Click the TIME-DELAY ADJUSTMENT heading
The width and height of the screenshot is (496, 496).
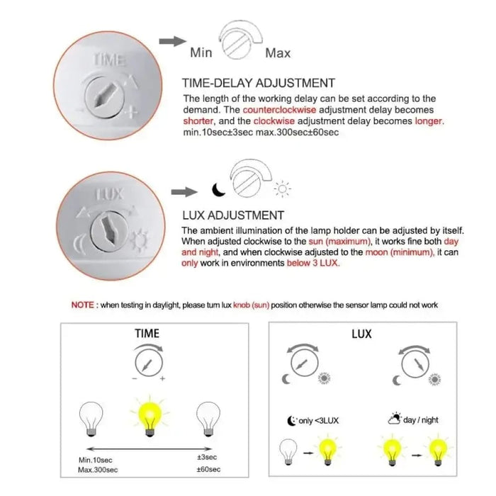(x=259, y=83)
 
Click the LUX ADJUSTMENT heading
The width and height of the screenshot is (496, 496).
(x=233, y=215)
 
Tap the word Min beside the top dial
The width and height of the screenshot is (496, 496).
(x=201, y=52)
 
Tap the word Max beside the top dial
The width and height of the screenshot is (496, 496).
(x=277, y=52)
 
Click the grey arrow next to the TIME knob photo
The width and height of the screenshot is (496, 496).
(x=167, y=41)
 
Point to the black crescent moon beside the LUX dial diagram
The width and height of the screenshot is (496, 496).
(x=218, y=188)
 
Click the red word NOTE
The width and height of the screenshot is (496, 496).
(x=84, y=305)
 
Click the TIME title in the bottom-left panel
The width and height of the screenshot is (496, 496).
(x=147, y=333)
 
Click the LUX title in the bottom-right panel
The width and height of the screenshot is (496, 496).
(x=361, y=333)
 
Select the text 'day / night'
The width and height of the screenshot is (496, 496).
(x=420, y=420)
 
